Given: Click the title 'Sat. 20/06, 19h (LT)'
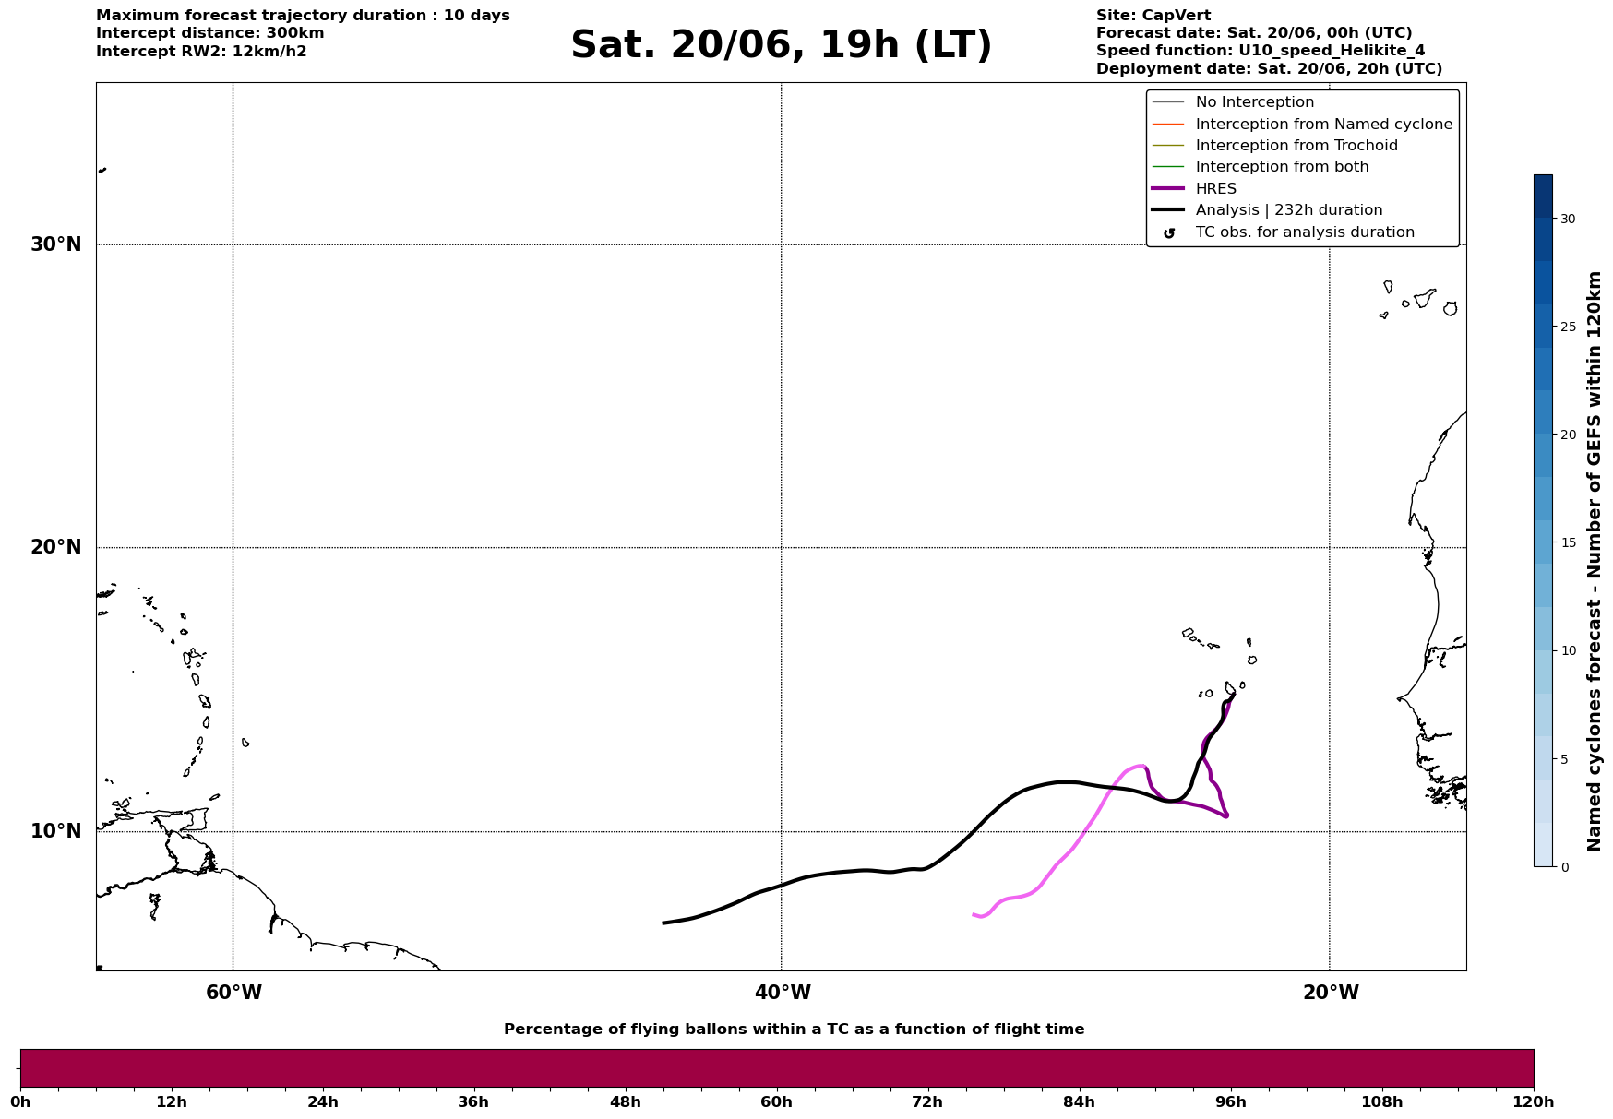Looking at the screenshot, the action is click(781, 45).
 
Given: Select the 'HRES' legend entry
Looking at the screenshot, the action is click(1215, 189).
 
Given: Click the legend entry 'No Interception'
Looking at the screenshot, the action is click(1254, 102).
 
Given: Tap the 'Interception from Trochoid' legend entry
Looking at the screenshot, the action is click(1296, 146).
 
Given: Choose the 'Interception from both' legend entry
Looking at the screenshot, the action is click(1282, 167).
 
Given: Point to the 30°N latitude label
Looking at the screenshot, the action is click(56, 244).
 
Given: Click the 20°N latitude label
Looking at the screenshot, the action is click(56, 547).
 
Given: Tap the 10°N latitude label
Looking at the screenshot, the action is click(56, 831).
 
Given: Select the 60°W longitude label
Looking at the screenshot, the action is click(233, 993).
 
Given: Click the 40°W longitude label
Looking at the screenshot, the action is click(783, 993).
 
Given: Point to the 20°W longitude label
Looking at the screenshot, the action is click(1331, 993).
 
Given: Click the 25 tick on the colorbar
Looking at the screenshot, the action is click(1568, 327).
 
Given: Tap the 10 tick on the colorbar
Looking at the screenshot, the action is click(1568, 650).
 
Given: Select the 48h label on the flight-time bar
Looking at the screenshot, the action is click(625, 1102).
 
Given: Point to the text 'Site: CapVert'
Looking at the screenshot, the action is click(1153, 16).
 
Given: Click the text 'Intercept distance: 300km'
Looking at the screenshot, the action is click(210, 33).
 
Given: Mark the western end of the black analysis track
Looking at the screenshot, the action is click(664, 923).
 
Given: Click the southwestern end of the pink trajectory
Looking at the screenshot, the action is click(974, 914).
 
